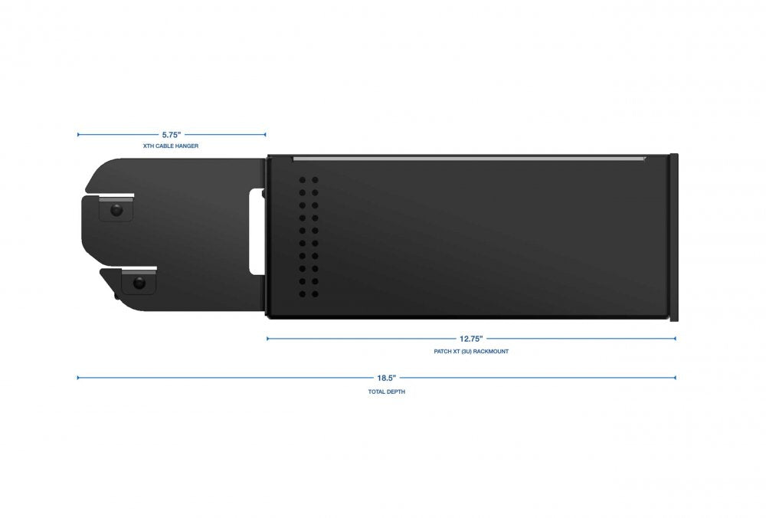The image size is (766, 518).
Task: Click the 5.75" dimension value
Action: click(x=172, y=134)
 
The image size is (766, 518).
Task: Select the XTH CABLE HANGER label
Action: click(x=171, y=146)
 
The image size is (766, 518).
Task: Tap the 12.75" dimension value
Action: click(x=471, y=338)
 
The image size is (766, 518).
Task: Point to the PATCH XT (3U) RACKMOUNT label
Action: click(x=471, y=351)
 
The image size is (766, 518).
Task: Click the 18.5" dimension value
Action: click(x=385, y=377)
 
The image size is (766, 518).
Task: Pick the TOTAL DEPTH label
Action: click(x=385, y=391)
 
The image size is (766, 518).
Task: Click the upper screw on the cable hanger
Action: click(x=116, y=209)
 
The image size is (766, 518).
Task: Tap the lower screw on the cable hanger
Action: click(x=139, y=283)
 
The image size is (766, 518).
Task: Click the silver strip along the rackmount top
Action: click(x=469, y=159)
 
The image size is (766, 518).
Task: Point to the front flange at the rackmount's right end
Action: click(x=674, y=238)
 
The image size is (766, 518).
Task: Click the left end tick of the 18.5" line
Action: click(x=78, y=377)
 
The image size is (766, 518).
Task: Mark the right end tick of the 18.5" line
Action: click(x=675, y=377)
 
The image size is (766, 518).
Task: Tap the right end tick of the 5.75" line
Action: click(x=265, y=134)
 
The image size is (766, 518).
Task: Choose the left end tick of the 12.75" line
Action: click(x=267, y=338)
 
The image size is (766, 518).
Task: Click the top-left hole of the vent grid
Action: click(x=303, y=181)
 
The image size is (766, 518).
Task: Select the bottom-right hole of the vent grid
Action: click(x=315, y=294)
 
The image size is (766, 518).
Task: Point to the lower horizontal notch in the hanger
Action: click(x=129, y=269)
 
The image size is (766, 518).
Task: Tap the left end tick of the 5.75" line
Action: click(x=78, y=134)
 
